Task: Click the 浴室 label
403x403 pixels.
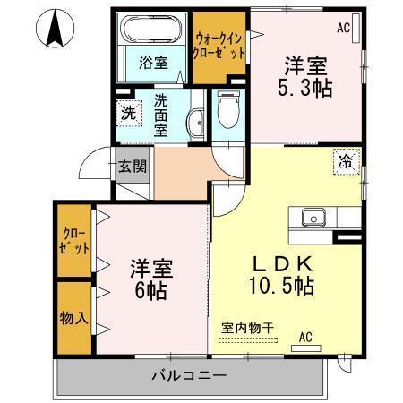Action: click(x=153, y=63)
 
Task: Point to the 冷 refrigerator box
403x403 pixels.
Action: click(x=347, y=160)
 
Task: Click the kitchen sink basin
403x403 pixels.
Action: click(x=313, y=216)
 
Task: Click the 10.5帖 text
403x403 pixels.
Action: click(x=281, y=287)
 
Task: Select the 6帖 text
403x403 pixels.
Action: click(x=150, y=290)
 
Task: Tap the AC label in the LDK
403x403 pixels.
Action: click(x=304, y=338)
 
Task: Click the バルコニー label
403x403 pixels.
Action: click(x=188, y=374)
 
